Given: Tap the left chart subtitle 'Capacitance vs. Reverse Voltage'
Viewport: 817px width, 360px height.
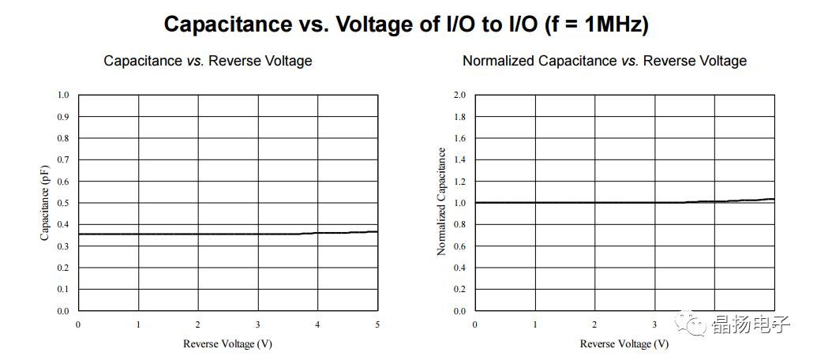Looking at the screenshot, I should [208, 61].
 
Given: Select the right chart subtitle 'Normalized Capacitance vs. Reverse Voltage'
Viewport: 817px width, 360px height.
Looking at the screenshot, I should [604, 61].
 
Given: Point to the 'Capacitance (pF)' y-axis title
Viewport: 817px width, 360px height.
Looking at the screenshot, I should [45, 203].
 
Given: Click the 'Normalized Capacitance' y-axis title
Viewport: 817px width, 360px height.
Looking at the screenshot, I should [441, 202].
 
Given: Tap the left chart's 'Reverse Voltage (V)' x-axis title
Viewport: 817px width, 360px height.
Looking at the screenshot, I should [227, 343].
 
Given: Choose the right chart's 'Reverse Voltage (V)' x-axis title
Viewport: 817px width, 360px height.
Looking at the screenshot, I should [624, 343].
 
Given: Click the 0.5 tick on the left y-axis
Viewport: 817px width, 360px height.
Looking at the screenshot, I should [63, 203].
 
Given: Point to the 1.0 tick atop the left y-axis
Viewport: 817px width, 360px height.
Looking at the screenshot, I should [63, 95].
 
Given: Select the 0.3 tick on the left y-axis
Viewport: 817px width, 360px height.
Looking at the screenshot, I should [63, 246].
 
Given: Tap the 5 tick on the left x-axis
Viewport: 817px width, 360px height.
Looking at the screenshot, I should [377, 324].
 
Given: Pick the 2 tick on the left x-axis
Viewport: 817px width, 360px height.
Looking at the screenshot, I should [198, 324].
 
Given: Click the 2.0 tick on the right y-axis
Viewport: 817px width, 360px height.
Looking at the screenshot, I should [459, 95].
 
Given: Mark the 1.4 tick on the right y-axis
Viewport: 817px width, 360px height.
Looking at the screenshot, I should [459, 159].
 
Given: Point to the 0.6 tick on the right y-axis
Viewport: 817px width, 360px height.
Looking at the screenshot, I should [459, 246].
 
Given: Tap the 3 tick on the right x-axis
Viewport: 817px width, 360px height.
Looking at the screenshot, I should [654, 324].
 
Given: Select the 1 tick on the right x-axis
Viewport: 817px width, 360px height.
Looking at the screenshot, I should [534, 324].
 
